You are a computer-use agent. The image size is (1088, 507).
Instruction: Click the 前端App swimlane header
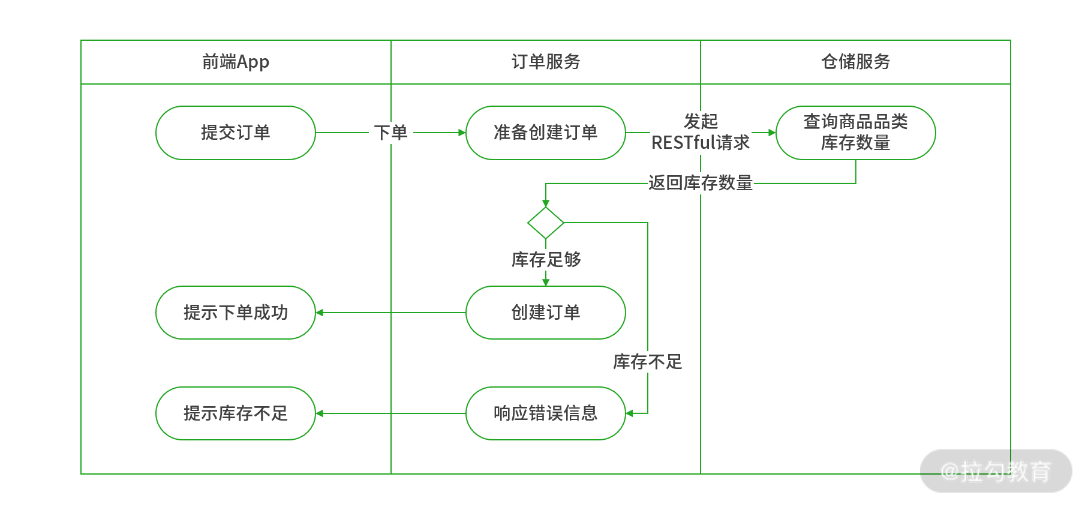pyautogui.click(x=236, y=62)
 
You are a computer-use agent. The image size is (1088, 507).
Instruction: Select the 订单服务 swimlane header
pyautogui.click(x=545, y=62)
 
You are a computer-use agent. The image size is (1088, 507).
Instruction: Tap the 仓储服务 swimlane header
pyautogui.click(x=855, y=62)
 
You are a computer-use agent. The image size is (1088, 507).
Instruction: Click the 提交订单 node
pyautogui.click(x=235, y=133)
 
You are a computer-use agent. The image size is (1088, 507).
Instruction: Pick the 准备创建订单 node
pyautogui.click(x=545, y=133)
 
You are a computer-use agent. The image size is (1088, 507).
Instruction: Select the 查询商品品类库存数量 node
pyautogui.click(x=855, y=133)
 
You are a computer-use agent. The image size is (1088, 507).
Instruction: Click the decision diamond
pyautogui.click(x=545, y=223)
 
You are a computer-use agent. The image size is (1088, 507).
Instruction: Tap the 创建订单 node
pyautogui.click(x=545, y=313)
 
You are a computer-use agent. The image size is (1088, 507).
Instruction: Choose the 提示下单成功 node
pyautogui.click(x=235, y=313)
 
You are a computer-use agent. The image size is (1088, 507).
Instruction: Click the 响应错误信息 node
pyautogui.click(x=545, y=413)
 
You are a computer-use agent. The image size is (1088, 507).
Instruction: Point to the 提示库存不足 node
pyautogui.click(x=235, y=413)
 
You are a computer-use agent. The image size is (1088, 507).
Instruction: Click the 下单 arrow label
pyautogui.click(x=390, y=133)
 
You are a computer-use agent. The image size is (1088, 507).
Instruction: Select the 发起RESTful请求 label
pyautogui.click(x=701, y=132)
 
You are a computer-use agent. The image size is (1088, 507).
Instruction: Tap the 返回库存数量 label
pyautogui.click(x=701, y=183)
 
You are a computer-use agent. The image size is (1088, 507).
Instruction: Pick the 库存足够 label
pyautogui.click(x=546, y=260)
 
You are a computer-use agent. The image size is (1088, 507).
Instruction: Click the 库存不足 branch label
pyautogui.click(x=648, y=362)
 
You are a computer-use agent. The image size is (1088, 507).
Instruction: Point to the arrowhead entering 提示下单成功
pyautogui.click(x=320, y=313)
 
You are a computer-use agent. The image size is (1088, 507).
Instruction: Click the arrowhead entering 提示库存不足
pyautogui.click(x=320, y=413)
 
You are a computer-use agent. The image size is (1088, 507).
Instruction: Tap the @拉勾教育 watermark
pyautogui.click(x=996, y=472)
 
